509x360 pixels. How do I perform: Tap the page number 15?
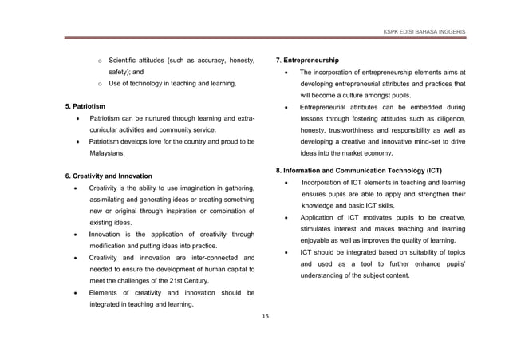[x=266, y=316]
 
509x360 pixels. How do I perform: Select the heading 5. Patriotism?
[x=84, y=106]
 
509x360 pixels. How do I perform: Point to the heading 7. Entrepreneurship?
[x=307, y=61]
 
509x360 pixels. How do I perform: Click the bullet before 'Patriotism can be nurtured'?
[x=76, y=118]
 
